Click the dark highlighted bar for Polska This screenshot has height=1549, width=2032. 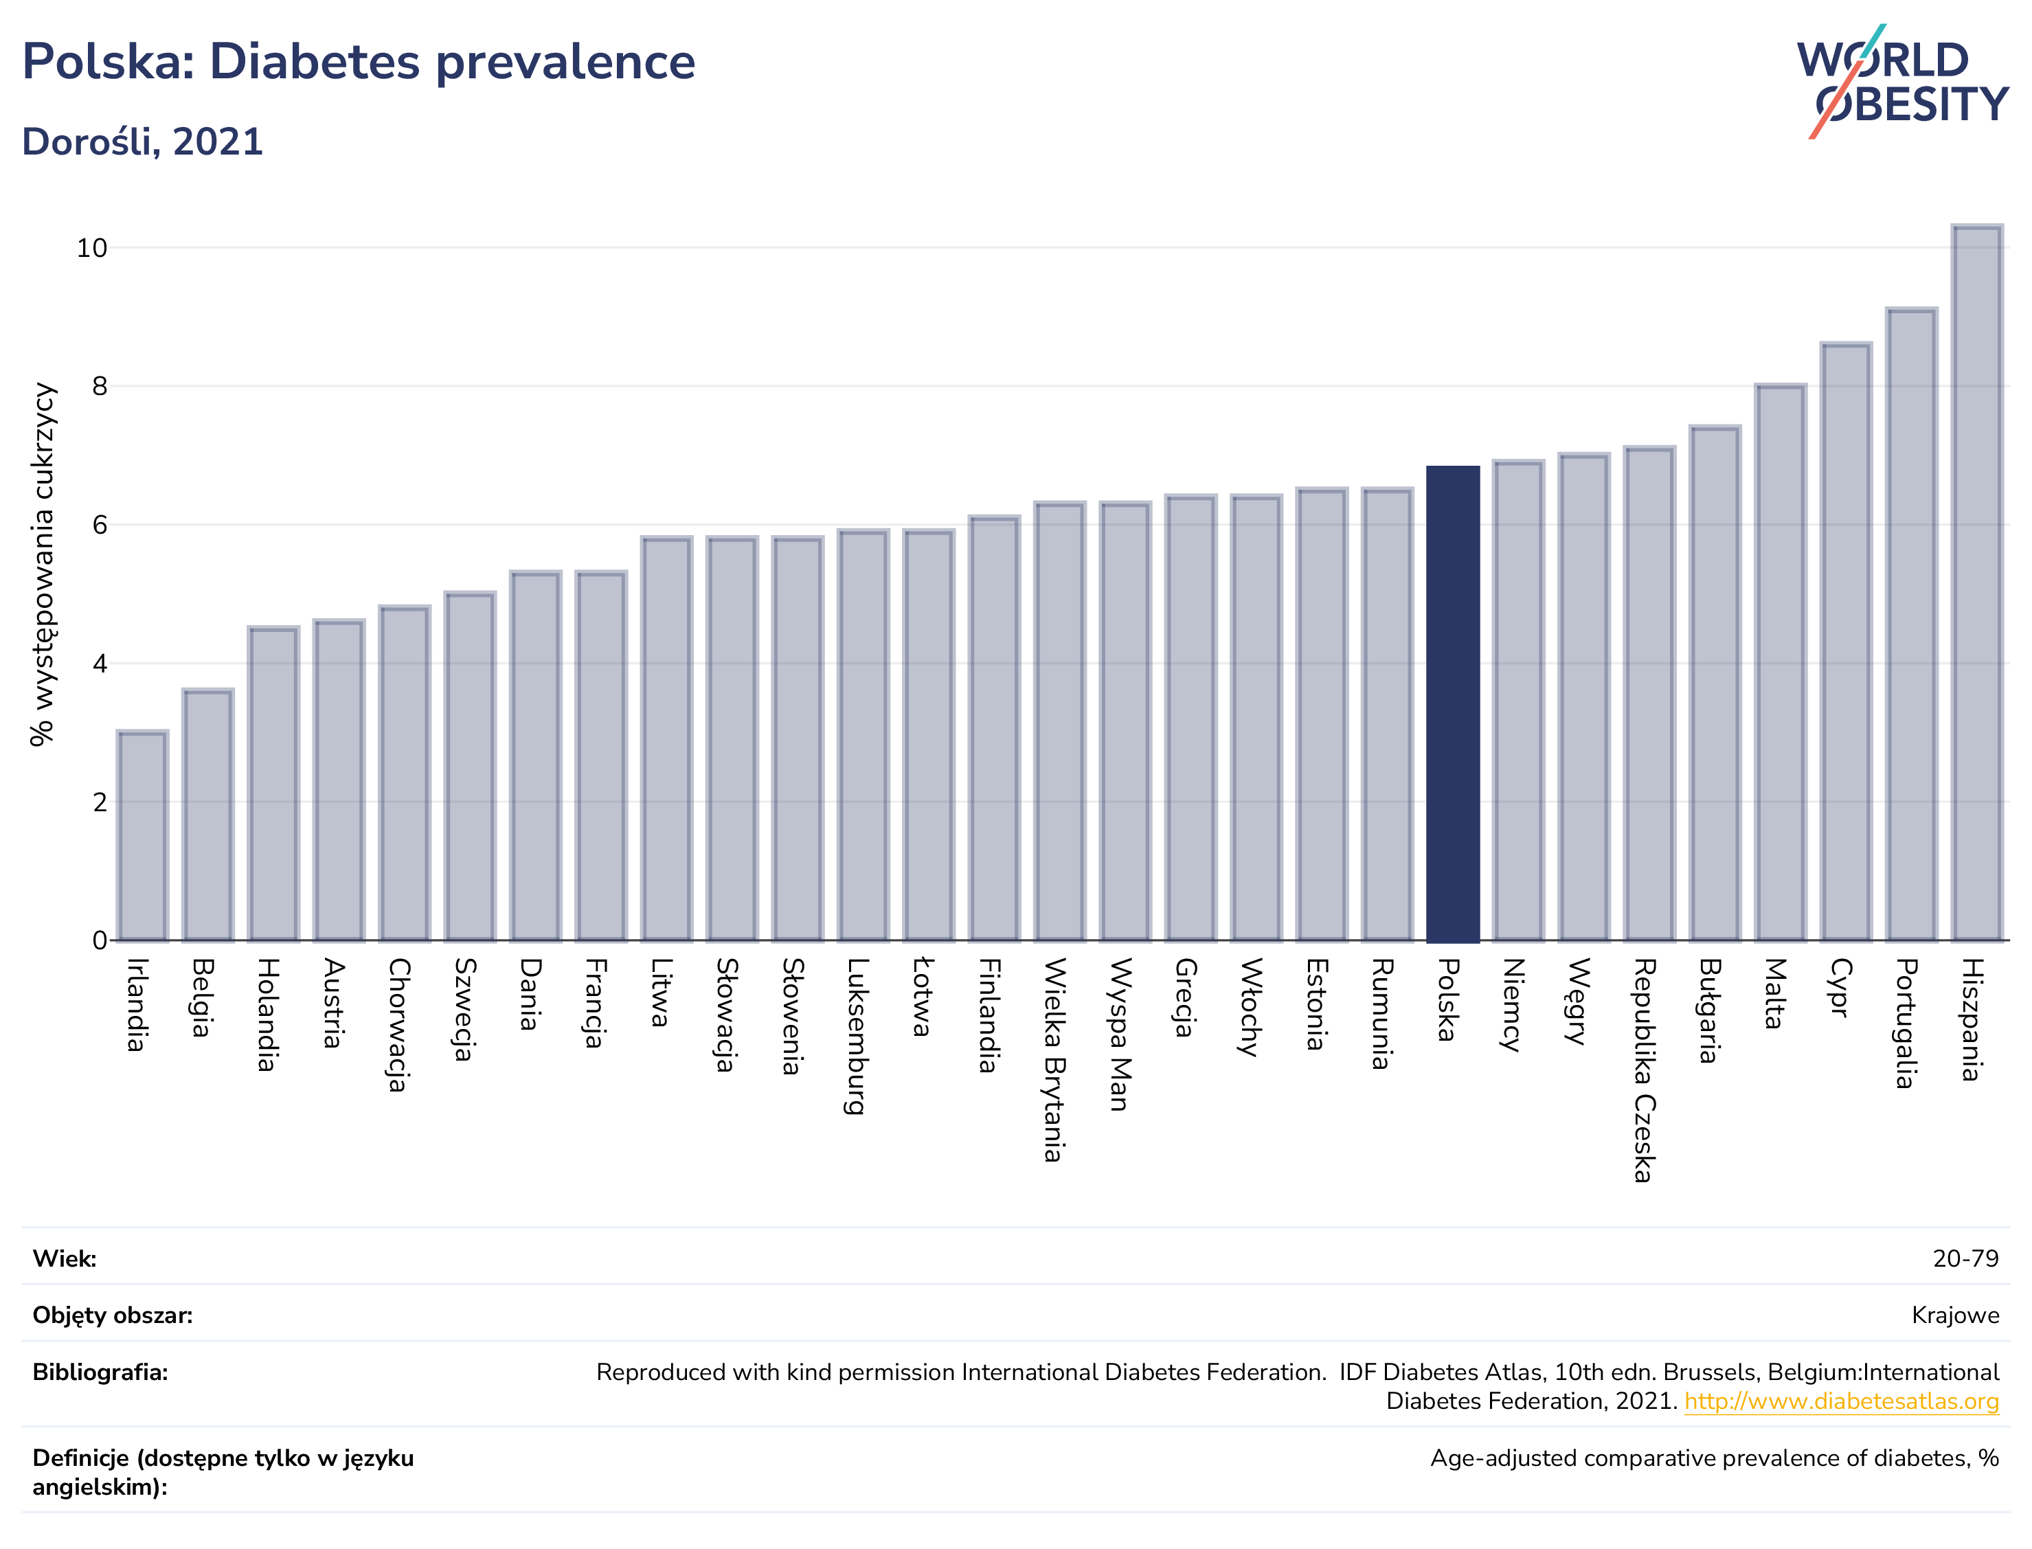point(1452,703)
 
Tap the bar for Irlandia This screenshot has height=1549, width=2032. point(142,835)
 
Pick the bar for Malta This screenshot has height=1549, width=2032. point(1781,663)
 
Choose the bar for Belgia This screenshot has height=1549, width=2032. point(207,815)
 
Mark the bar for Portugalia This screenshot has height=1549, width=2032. point(1911,624)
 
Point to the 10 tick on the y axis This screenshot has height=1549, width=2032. point(91,248)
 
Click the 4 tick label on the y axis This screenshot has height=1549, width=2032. point(100,664)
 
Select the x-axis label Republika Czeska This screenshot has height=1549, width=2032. point(1642,1070)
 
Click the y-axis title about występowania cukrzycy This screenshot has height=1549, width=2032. point(43,564)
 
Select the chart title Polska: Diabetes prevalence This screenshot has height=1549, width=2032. point(359,62)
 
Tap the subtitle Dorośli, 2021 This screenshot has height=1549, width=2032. point(143,142)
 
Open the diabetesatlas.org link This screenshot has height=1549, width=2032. point(1841,1401)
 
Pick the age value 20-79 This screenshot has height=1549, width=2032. point(1965,1258)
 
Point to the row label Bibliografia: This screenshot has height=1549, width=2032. point(100,1373)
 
